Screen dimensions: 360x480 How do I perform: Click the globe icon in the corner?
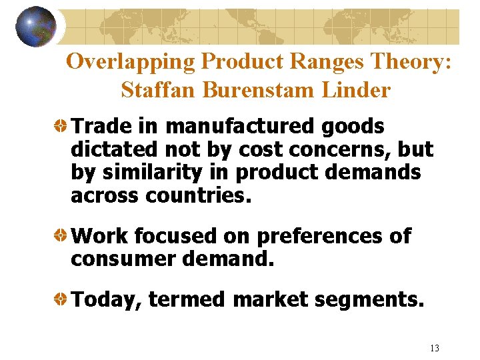click(36, 27)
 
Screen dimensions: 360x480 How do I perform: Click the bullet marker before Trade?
click(61, 126)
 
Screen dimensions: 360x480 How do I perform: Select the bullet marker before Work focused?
click(61, 236)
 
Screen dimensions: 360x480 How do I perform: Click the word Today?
click(105, 301)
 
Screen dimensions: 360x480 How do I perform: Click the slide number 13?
click(435, 348)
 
